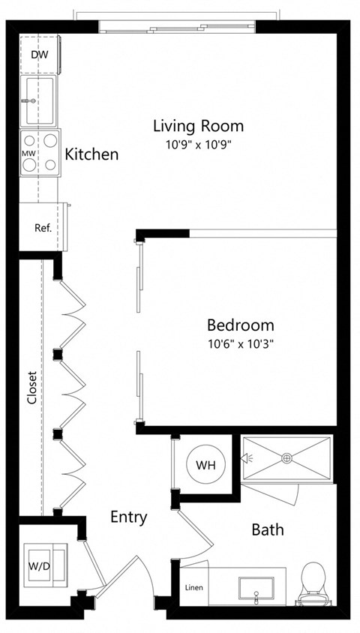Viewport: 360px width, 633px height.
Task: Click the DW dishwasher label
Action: pyautogui.click(x=40, y=55)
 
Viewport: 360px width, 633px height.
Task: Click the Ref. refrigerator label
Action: pyautogui.click(x=42, y=227)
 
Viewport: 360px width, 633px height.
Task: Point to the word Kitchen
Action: pyautogui.click(x=91, y=154)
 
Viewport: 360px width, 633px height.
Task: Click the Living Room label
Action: pyautogui.click(x=198, y=125)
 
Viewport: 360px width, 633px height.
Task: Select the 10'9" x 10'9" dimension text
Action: pyautogui.click(x=198, y=144)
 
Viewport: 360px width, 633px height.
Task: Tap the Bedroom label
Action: pyautogui.click(x=240, y=325)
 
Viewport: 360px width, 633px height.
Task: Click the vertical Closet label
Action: pyautogui.click(x=31, y=388)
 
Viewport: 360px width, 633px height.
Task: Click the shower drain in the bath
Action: pyautogui.click(x=286, y=457)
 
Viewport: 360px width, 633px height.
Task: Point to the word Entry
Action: pyautogui.click(x=128, y=517)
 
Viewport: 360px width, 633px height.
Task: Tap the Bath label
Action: pyautogui.click(x=268, y=529)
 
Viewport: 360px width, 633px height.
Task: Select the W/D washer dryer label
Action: pyautogui.click(x=40, y=565)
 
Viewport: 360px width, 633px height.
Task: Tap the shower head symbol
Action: pyautogui.click(x=249, y=457)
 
